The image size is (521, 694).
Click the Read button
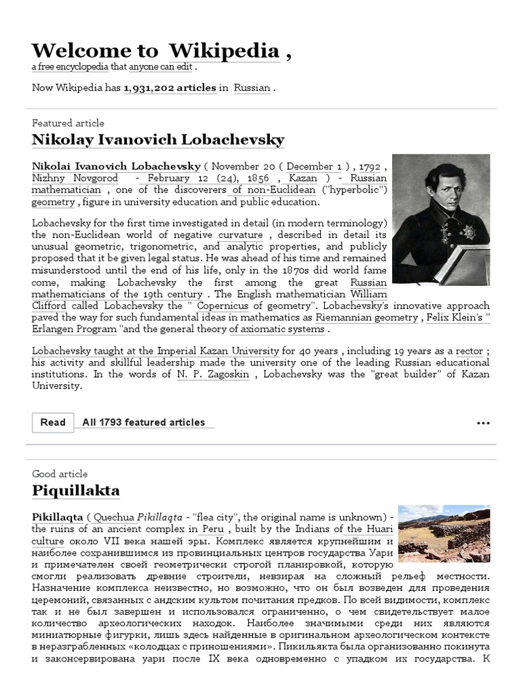tap(53, 422)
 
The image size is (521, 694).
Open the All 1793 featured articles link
tap(144, 422)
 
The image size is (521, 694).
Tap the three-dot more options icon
tap(482, 423)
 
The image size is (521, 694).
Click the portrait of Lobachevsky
tap(440, 219)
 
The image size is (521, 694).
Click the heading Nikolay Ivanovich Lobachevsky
tap(158, 140)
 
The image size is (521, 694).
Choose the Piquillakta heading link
tap(75, 490)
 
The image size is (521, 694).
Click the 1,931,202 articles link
tap(170, 87)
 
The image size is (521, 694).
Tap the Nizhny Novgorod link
tap(75, 178)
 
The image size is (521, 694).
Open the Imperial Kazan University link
tap(218, 351)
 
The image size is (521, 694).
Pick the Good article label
tap(60, 474)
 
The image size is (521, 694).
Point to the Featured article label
tap(68, 123)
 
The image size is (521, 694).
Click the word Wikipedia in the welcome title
tap(224, 51)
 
